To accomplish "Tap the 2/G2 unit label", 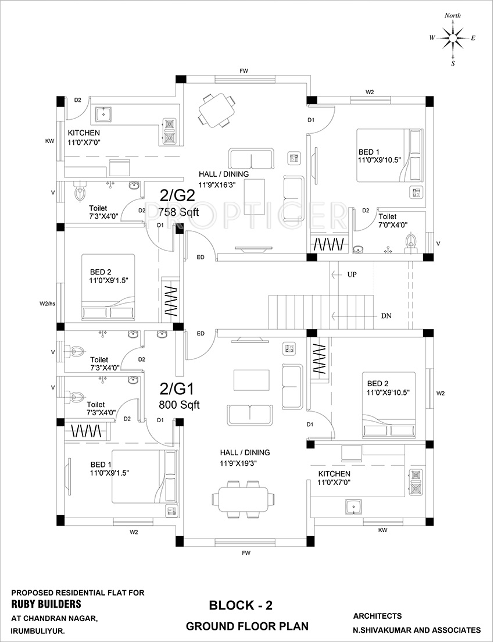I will click(173, 194).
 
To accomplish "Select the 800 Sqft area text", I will click(179, 405).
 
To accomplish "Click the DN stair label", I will click(386, 316).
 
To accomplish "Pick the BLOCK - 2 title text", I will click(241, 606).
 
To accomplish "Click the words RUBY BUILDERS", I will click(46, 604).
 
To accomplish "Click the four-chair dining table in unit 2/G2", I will click(217, 109).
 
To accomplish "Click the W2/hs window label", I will click(48, 303).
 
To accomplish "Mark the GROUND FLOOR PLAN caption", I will click(247, 626).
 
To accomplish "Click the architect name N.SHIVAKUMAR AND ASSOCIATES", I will click(417, 630).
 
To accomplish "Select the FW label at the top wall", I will click(244, 71).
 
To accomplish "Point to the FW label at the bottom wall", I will click(246, 553).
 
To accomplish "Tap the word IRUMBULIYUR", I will click(38, 630).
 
